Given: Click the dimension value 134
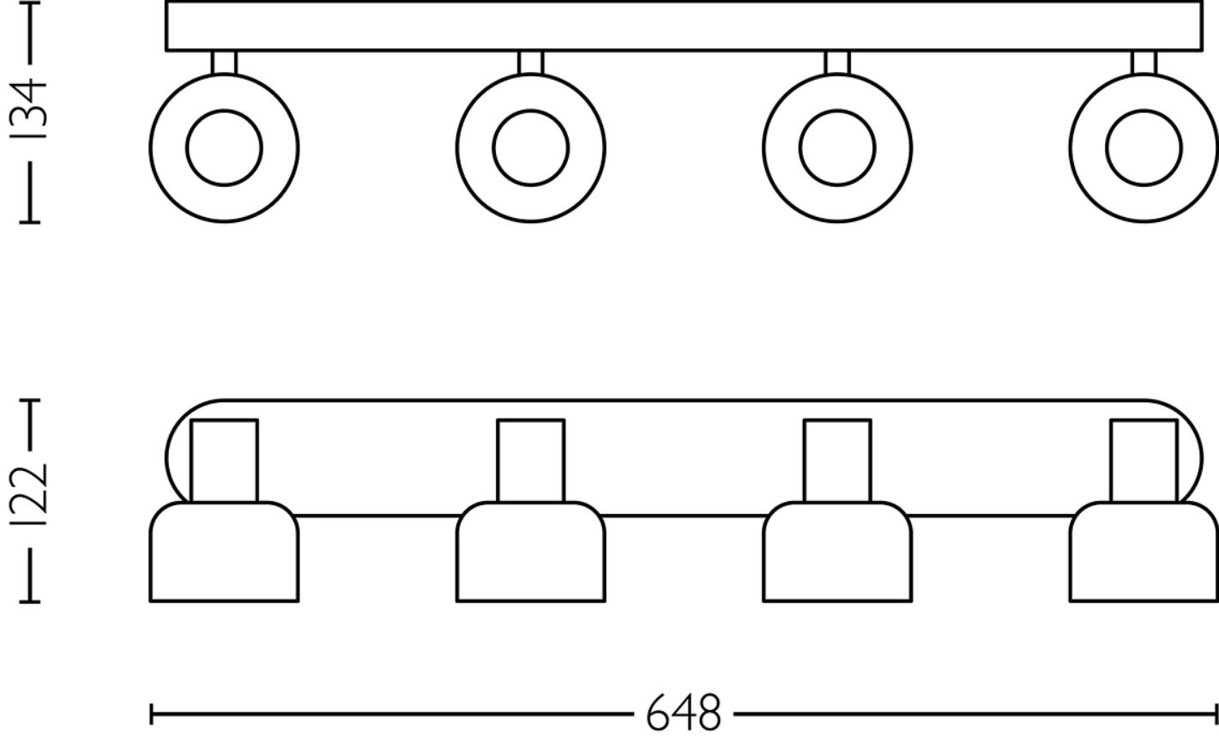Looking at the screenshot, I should click(x=34, y=110).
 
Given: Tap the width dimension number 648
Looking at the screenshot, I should click(x=683, y=714).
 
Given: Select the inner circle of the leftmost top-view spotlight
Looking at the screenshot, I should click(x=224, y=148).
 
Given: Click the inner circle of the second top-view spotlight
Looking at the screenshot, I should click(x=530, y=148).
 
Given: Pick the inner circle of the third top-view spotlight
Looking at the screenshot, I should click(x=837, y=148).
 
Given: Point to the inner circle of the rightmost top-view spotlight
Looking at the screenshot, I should click(x=1144, y=148).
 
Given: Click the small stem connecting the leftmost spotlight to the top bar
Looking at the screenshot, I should click(x=224, y=63).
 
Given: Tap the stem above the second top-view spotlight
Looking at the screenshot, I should click(x=530, y=63).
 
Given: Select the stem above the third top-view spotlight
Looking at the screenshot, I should click(x=837, y=63).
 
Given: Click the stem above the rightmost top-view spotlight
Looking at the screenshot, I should click(x=1144, y=63).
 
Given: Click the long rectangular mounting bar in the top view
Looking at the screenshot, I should click(x=685, y=26).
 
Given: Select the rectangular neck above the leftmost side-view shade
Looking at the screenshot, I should click(x=224, y=461).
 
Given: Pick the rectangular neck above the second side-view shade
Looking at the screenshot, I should click(x=530, y=461).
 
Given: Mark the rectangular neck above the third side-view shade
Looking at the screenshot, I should click(x=837, y=461).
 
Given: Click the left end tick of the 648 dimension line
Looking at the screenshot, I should click(x=152, y=714).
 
